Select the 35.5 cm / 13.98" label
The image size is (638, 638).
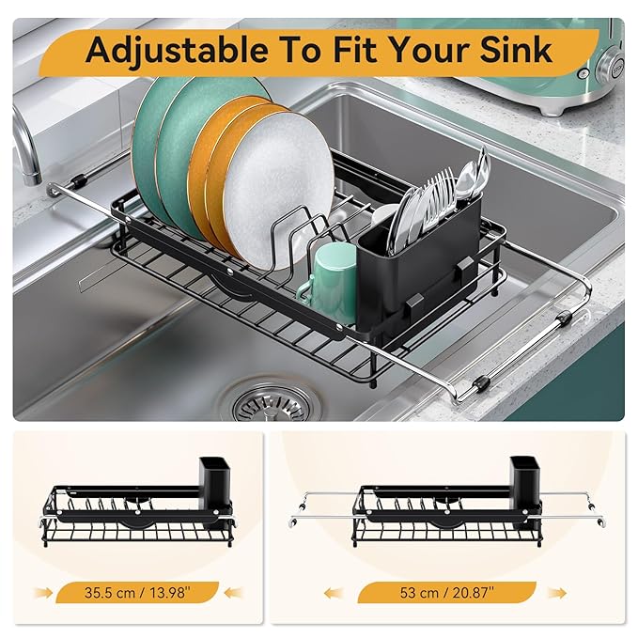pos(136,592)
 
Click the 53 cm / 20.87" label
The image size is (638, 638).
pos(446,592)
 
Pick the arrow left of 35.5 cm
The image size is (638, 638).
pos(44,592)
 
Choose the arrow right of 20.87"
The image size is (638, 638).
pos(556,592)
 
